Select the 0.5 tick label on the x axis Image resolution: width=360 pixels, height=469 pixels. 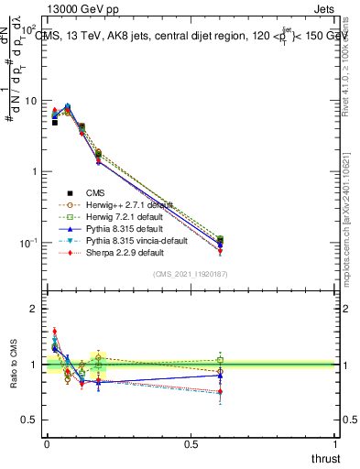point(191,444)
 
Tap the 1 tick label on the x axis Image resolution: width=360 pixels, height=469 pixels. point(335,444)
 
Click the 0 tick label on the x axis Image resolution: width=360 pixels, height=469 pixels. point(46,444)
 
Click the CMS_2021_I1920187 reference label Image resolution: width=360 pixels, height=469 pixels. point(191,275)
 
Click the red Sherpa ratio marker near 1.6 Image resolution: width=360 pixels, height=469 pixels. point(55,333)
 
